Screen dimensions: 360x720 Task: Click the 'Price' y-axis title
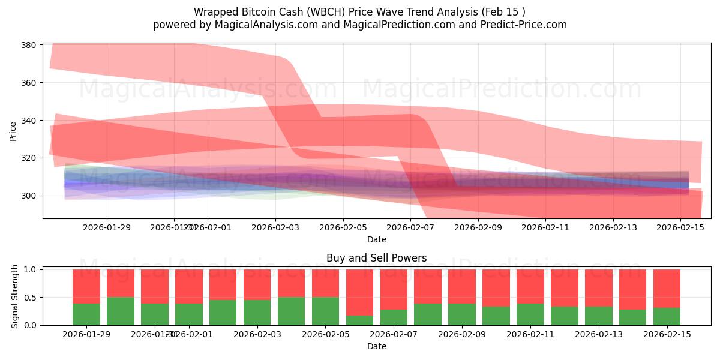pyautogui.click(x=13, y=130)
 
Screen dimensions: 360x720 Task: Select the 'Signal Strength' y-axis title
pyautogui.click(x=15, y=296)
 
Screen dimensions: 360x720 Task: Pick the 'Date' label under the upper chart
pyautogui.click(x=377, y=239)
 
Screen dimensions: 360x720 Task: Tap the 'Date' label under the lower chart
pyautogui.click(x=377, y=346)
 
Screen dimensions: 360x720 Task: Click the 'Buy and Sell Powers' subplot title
pyautogui.click(x=377, y=258)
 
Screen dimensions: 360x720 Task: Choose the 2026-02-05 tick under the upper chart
pyautogui.click(x=343, y=227)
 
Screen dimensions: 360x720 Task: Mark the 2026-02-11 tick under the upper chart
pyautogui.click(x=545, y=227)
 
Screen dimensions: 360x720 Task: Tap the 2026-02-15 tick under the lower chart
pyautogui.click(x=667, y=334)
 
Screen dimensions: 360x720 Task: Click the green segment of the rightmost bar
pyautogui.click(x=667, y=316)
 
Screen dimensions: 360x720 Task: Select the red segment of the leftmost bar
pyautogui.click(x=86, y=286)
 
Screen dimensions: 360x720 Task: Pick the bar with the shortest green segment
pyautogui.click(x=359, y=320)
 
